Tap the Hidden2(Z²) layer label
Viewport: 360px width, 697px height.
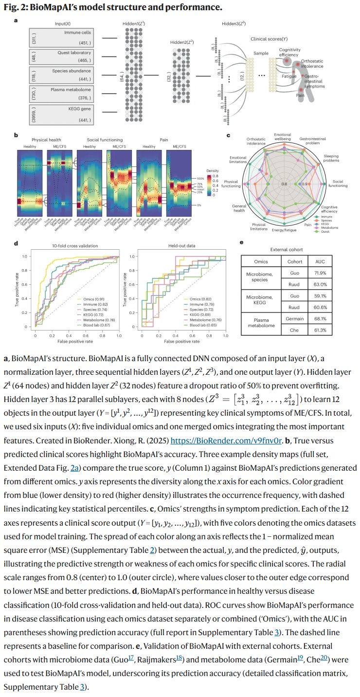[182, 42]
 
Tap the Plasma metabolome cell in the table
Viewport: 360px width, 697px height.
[261, 325]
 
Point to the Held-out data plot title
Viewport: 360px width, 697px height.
[181, 246]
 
